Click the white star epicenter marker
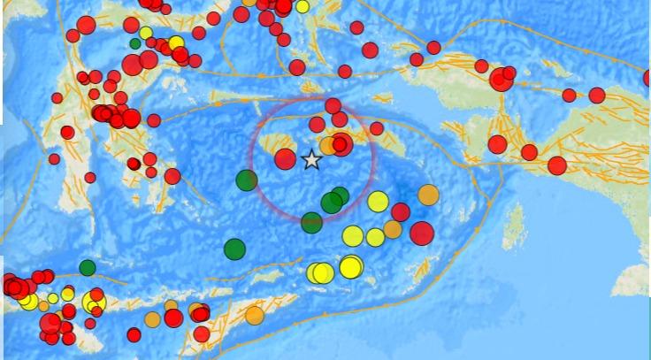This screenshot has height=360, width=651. [311, 160]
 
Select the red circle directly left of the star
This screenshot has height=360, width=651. [285, 158]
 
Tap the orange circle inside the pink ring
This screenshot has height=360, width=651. [328, 145]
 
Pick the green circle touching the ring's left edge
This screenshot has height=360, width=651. [247, 180]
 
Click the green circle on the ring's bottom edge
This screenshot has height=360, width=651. [311, 222]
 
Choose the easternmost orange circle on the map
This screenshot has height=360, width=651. [428, 195]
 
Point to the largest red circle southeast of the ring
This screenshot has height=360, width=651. [422, 233]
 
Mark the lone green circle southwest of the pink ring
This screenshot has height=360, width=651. [234, 249]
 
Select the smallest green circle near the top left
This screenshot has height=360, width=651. [135, 42]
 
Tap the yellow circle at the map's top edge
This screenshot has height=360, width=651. [303, 6]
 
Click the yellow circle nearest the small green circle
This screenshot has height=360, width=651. [146, 34]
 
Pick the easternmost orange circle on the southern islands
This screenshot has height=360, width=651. [255, 315]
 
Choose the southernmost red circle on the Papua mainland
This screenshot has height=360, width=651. [556, 165]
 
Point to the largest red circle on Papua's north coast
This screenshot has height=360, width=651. [500, 80]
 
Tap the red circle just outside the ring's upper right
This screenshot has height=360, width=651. [376, 128]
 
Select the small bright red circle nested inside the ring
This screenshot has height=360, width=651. [339, 144]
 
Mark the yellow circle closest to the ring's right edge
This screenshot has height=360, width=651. [378, 202]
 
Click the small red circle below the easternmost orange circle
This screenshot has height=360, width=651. [401, 212]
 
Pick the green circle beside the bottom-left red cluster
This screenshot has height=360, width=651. [87, 267]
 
